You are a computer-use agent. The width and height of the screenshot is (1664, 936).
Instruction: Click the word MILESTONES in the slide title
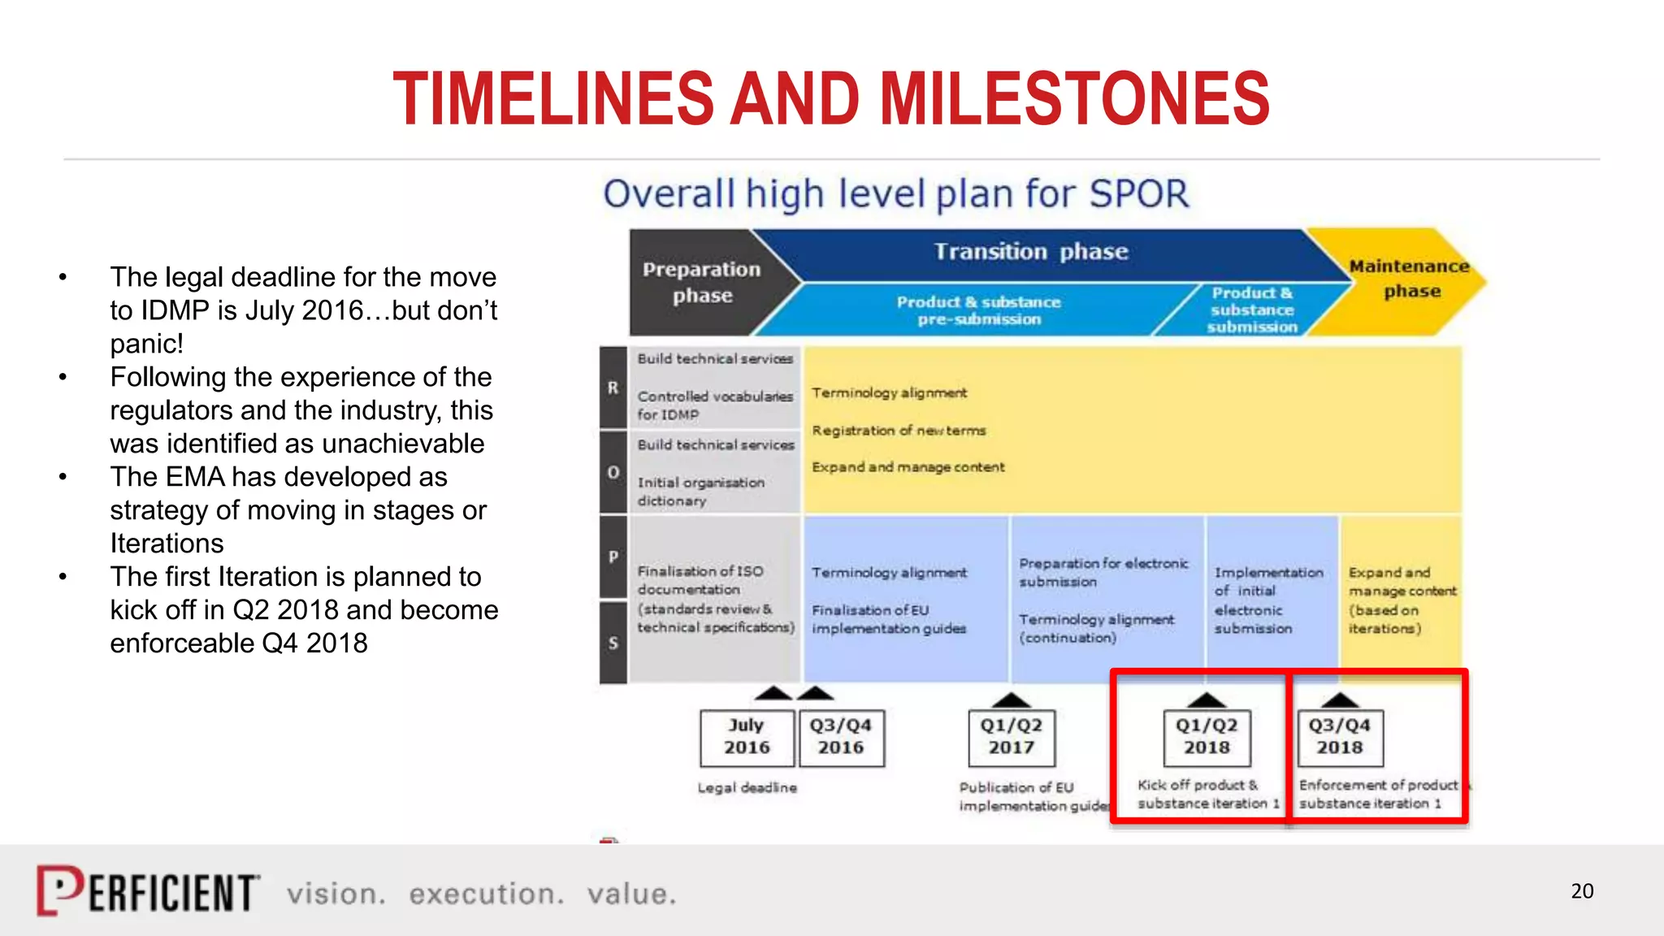pos(1075,99)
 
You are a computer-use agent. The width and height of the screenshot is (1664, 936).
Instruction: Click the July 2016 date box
pos(747,736)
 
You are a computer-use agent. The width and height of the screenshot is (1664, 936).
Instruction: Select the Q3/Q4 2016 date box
pos(841,736)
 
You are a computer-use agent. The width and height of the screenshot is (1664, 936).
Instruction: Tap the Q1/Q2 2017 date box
pos(1012,736)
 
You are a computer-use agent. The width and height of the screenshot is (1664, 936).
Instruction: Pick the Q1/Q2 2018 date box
pos(1207,736)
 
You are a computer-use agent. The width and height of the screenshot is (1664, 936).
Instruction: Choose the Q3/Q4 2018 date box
pos(1340,736)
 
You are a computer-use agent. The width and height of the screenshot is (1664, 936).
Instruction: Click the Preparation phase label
pos(702,282)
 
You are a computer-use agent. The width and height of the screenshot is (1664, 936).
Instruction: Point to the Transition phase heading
pos(1031,252)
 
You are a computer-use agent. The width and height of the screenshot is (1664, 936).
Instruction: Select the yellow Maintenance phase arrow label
pos(1410,279)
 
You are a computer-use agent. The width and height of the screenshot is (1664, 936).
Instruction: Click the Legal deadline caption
pos(747,787)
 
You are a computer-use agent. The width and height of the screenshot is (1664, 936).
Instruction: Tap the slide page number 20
pos(1581,891)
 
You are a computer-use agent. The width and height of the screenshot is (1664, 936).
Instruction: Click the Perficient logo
pos(148,891)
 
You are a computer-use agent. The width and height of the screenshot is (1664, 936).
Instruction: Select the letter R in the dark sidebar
pos(613,388)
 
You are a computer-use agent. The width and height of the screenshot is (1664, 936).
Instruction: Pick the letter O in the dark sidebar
pos(613,472)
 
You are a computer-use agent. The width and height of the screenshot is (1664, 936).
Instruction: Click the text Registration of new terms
pos(899,431)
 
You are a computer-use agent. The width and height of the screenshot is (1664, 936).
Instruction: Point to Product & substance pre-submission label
pos(978,310)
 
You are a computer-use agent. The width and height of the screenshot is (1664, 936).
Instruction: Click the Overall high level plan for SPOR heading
pos(895,194)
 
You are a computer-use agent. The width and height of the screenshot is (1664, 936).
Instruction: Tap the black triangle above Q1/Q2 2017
pos(1012,700)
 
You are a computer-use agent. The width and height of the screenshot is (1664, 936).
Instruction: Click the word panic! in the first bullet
pos(147,344)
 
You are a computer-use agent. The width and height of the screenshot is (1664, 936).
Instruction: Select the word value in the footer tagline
pos(631,894)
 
